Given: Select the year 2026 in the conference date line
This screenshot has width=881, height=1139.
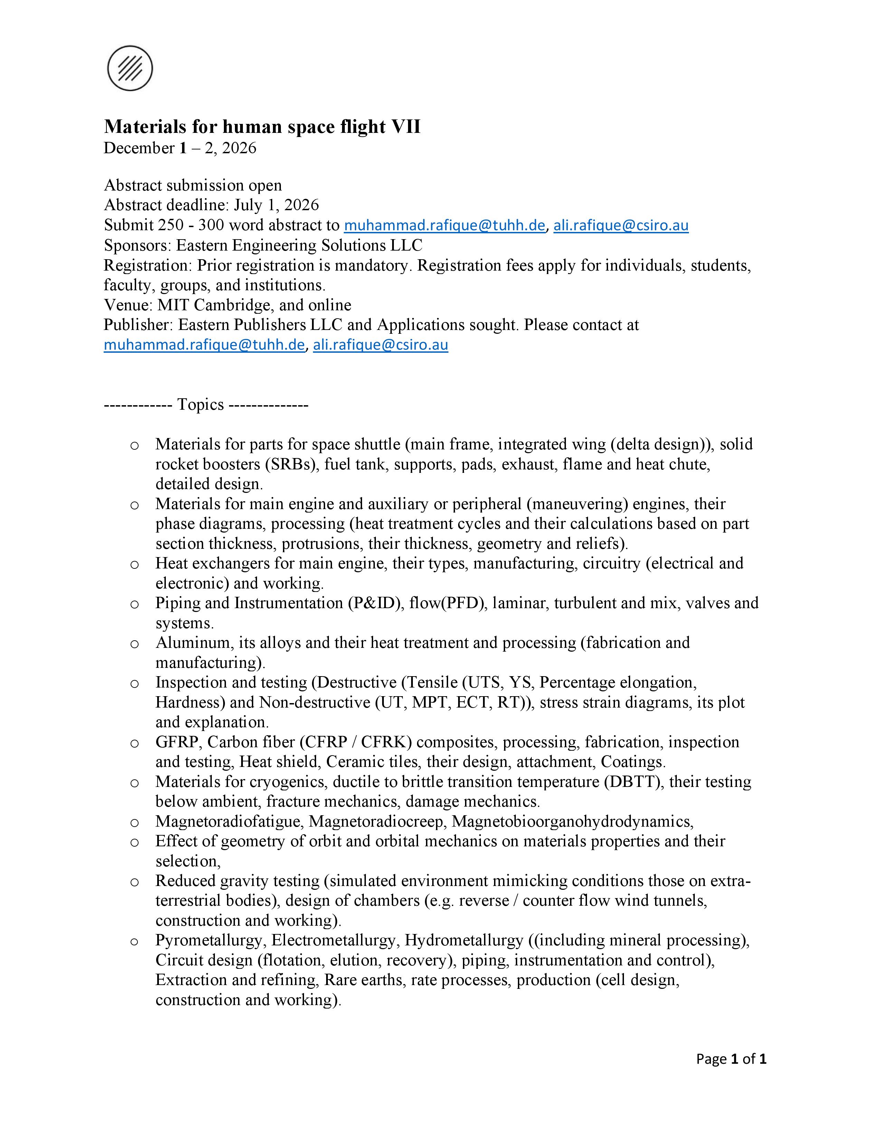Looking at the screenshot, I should (x=239, y=148).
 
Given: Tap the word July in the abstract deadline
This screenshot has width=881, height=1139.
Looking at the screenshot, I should (x=248, y=205).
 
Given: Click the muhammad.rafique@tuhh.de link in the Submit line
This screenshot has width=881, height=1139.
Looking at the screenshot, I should (x=444, y=225).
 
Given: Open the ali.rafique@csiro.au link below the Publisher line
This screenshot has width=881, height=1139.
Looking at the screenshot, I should (x=380, y=345).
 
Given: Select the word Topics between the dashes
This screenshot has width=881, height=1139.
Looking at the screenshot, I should (x=200, y=405).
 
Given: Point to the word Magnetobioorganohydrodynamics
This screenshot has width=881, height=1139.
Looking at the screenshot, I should (x=572, y=821).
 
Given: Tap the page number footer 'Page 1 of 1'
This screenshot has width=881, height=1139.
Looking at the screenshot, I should (x=731, y=1059).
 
